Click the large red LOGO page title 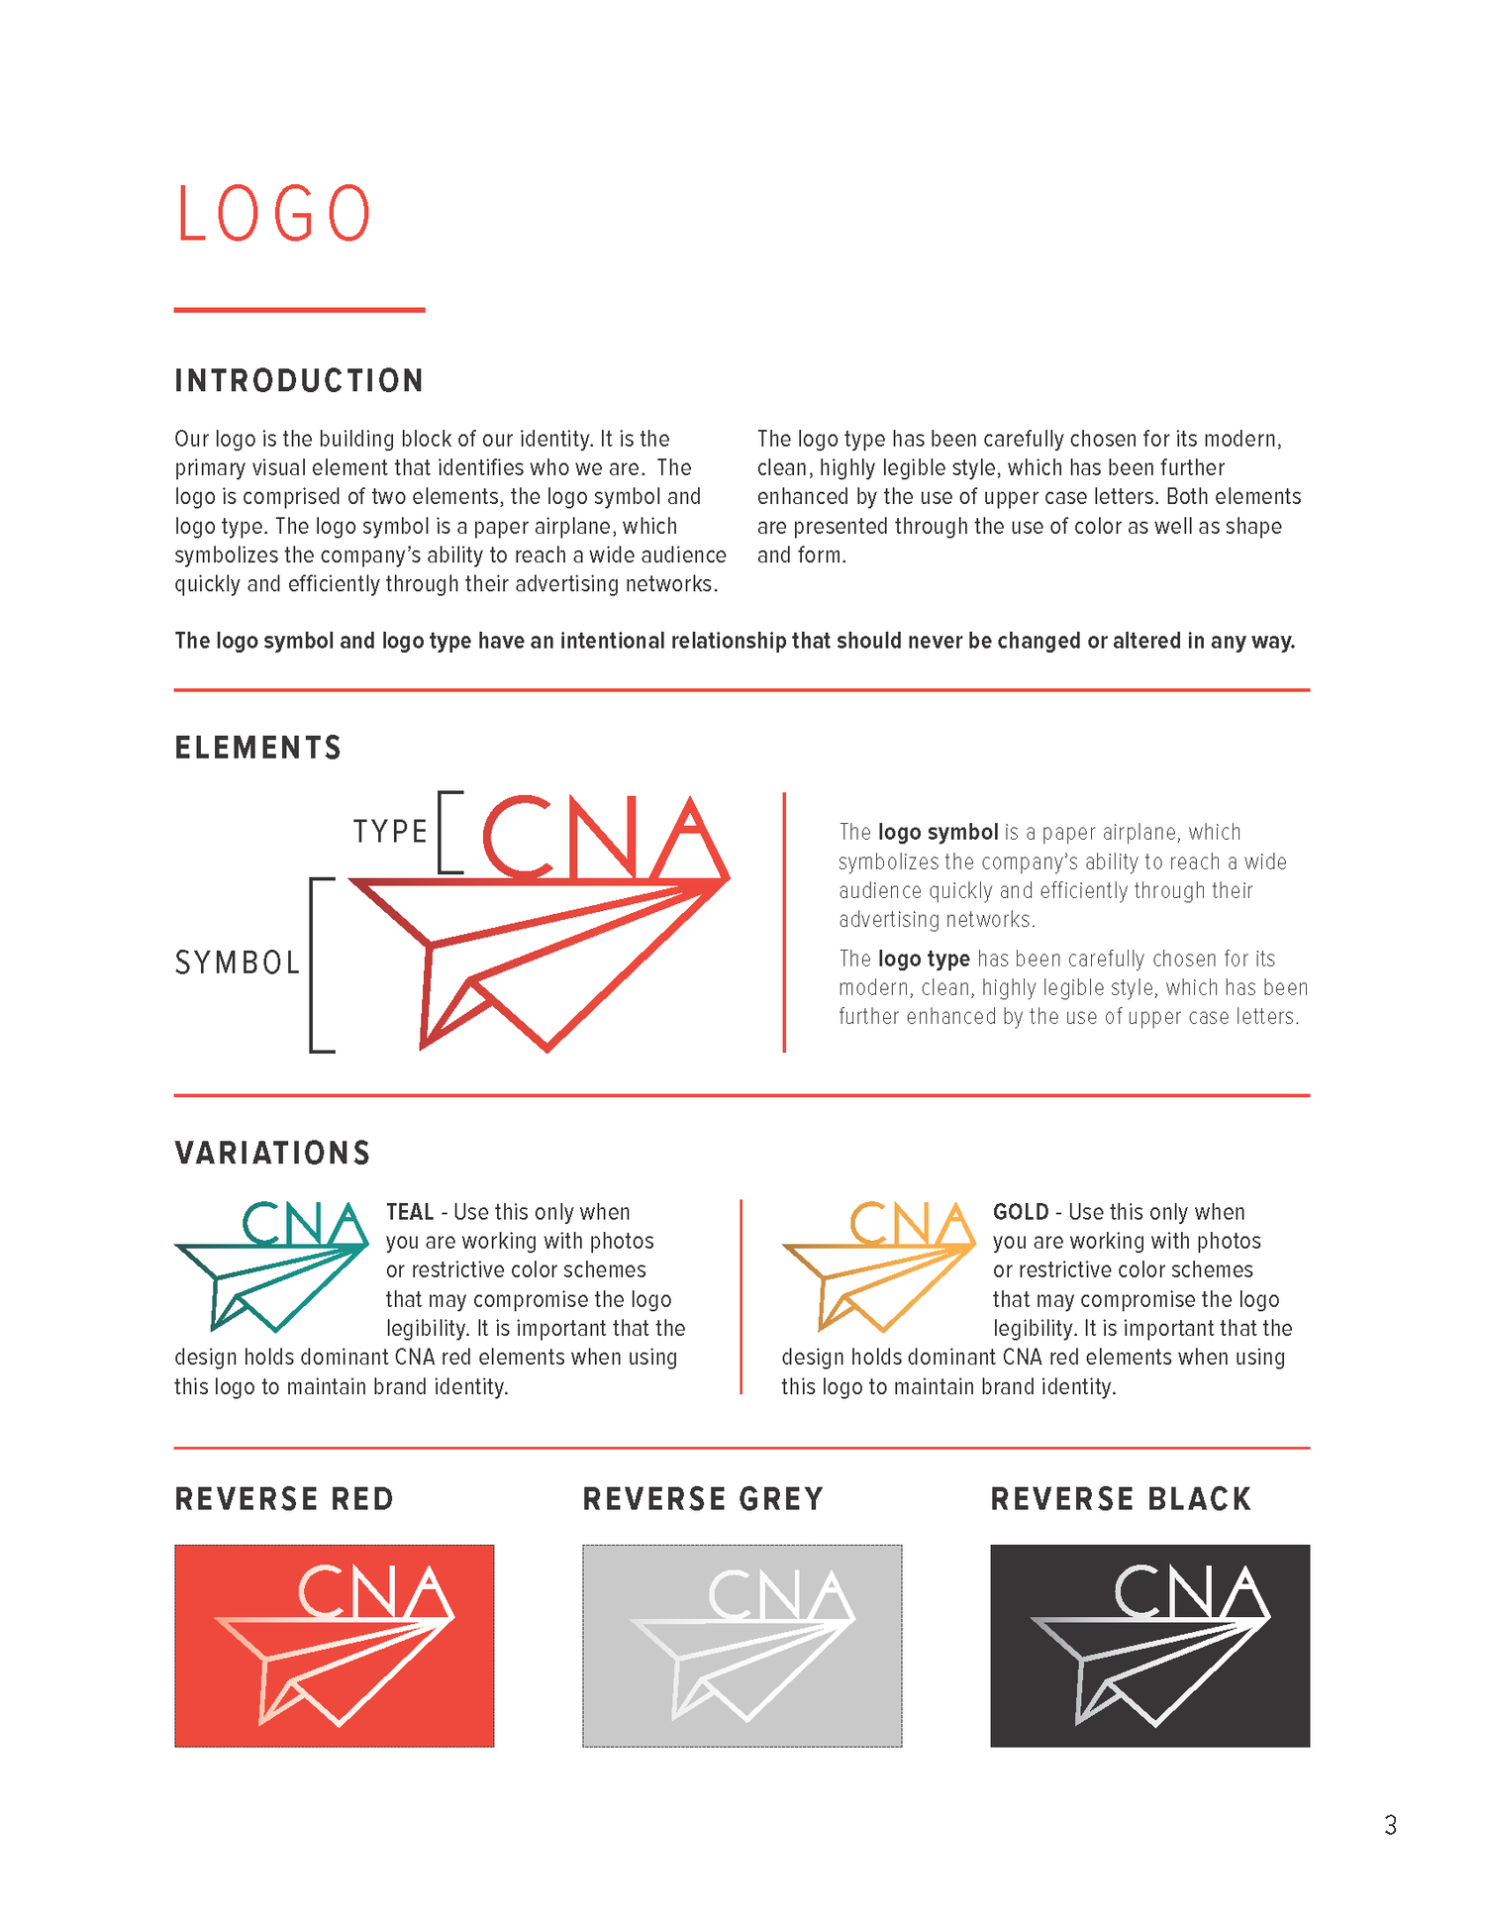pos(273,214)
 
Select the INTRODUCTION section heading pos(299,381)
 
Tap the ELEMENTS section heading pos(258,748)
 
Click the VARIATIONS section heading pos(272,1154)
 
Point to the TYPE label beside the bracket pos(390,832)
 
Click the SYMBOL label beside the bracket pos(238,962)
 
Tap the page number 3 pos(1390,1825)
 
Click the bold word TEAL pos(410,1212)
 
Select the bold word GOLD pos(1021,1212)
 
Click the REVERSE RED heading pos(284,1499)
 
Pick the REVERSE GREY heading pos(703,1499)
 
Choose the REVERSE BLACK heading pos(1121,1499)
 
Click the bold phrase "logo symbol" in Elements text pos(938,833)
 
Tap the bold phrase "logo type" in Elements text pos(924,959)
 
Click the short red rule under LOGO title pos(299,310)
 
